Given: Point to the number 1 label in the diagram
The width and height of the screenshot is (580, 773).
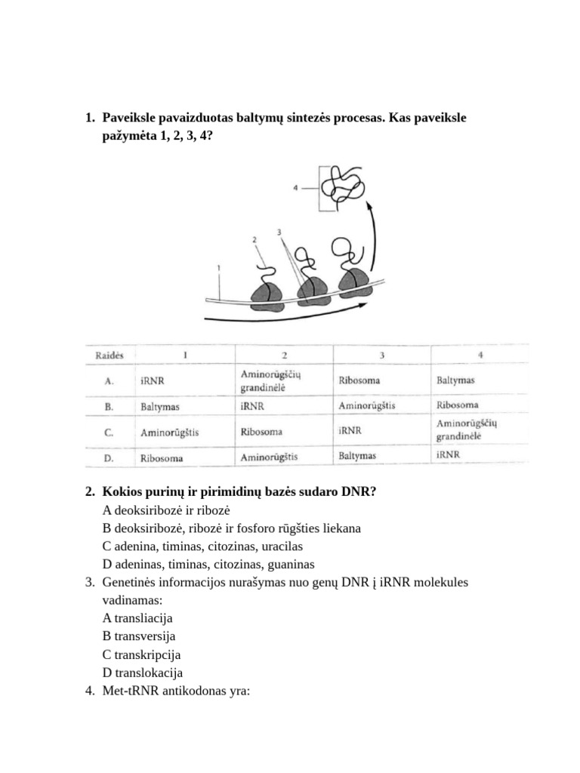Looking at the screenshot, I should [x=218, y=267].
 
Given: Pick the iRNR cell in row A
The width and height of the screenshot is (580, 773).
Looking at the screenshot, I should [x=153, y=381].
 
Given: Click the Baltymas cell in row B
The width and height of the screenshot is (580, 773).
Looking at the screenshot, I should [x=159, y=406].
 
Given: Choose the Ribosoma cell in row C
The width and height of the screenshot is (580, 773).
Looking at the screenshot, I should [x=261, y=433].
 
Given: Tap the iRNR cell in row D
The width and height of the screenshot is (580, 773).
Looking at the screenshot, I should [x=448, y=455].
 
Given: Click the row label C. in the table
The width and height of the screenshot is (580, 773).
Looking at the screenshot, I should [x=109, y=433].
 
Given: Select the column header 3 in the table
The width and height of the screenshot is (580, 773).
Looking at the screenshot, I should [x=383, y=355].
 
